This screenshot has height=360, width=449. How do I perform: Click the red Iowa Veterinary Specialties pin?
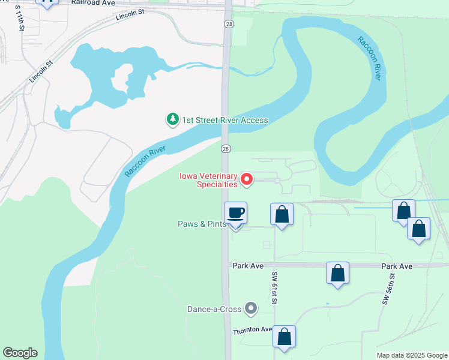pyautogui.click(x=246, y=179)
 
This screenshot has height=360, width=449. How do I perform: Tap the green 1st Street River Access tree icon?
pyautogui.click(x=173, y=120)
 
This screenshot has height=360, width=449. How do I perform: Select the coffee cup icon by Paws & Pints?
pyautogui.click(x=235, y=213)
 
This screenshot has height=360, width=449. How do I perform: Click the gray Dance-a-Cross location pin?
pyautogui.click(x=252, y=309)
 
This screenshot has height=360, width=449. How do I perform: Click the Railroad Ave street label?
pyautogui.click(x=92, y=3)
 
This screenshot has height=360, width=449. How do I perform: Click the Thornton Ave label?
pyautogui.click(x=253, y=330)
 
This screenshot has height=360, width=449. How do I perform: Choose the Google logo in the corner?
pyautogui.click(x=20, y=353)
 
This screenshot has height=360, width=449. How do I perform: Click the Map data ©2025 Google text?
pyautogui.click(x=412, y=355)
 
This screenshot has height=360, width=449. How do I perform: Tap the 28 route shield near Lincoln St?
pyautogui.click(x=228, y=24)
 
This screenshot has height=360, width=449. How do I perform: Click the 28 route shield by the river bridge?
pyautogui.click(x=226, y=148)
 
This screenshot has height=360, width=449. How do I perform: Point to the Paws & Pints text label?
pyautogui.click(x=201, y=224)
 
